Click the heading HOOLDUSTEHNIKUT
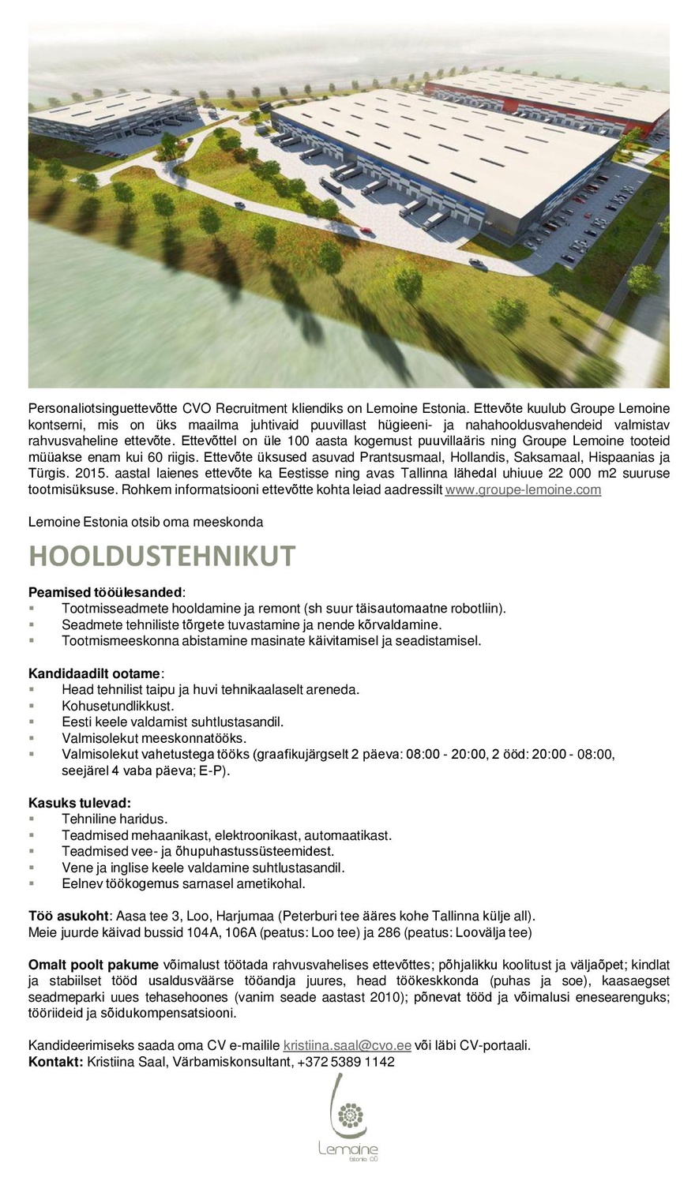(162, 557)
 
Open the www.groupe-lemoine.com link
(523, 490)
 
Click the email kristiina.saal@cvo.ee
(347, 1045)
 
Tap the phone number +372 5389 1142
(346, 1062)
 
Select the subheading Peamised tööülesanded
(106, 591)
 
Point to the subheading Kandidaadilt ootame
(95, 673)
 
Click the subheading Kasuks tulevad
(80, 803)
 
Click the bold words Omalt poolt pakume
(93, 965)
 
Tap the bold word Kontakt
(55, 1062)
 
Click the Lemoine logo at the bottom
(348, 1121)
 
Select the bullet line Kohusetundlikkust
(118, 706)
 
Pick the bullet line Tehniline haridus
(115, 819)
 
